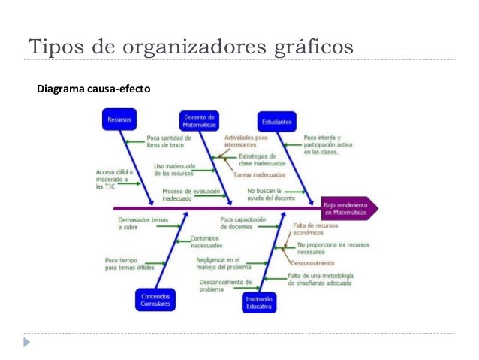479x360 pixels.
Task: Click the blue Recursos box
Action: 119,119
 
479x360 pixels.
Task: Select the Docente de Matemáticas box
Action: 200,120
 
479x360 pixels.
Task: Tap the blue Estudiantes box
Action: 277,120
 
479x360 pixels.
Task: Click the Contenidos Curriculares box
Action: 155,300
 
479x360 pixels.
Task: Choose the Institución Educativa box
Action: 259,302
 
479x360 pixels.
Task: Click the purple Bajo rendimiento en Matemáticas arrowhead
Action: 348,208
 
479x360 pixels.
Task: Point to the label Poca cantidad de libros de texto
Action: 164,141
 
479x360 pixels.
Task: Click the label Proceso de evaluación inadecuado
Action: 185,195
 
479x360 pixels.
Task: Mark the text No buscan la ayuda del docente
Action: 271,195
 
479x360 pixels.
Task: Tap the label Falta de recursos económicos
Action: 315,229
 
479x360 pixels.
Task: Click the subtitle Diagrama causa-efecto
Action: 93,89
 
